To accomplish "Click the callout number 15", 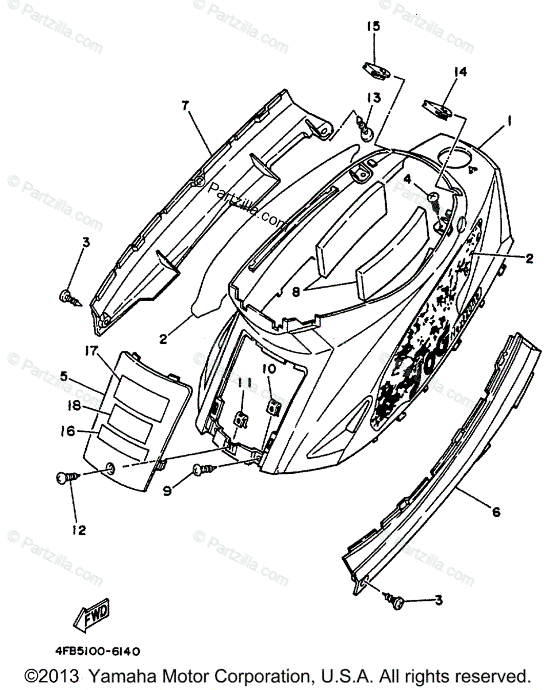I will pos(374,27).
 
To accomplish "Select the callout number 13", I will pos(374,98).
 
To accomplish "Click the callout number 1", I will pos(509,121).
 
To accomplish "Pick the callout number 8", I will pos(296,292).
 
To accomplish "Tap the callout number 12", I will pos(79,530).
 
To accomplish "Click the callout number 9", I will pos(167,490).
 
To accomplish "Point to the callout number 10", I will pos(270,368).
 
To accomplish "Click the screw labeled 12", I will pos(66,477).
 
